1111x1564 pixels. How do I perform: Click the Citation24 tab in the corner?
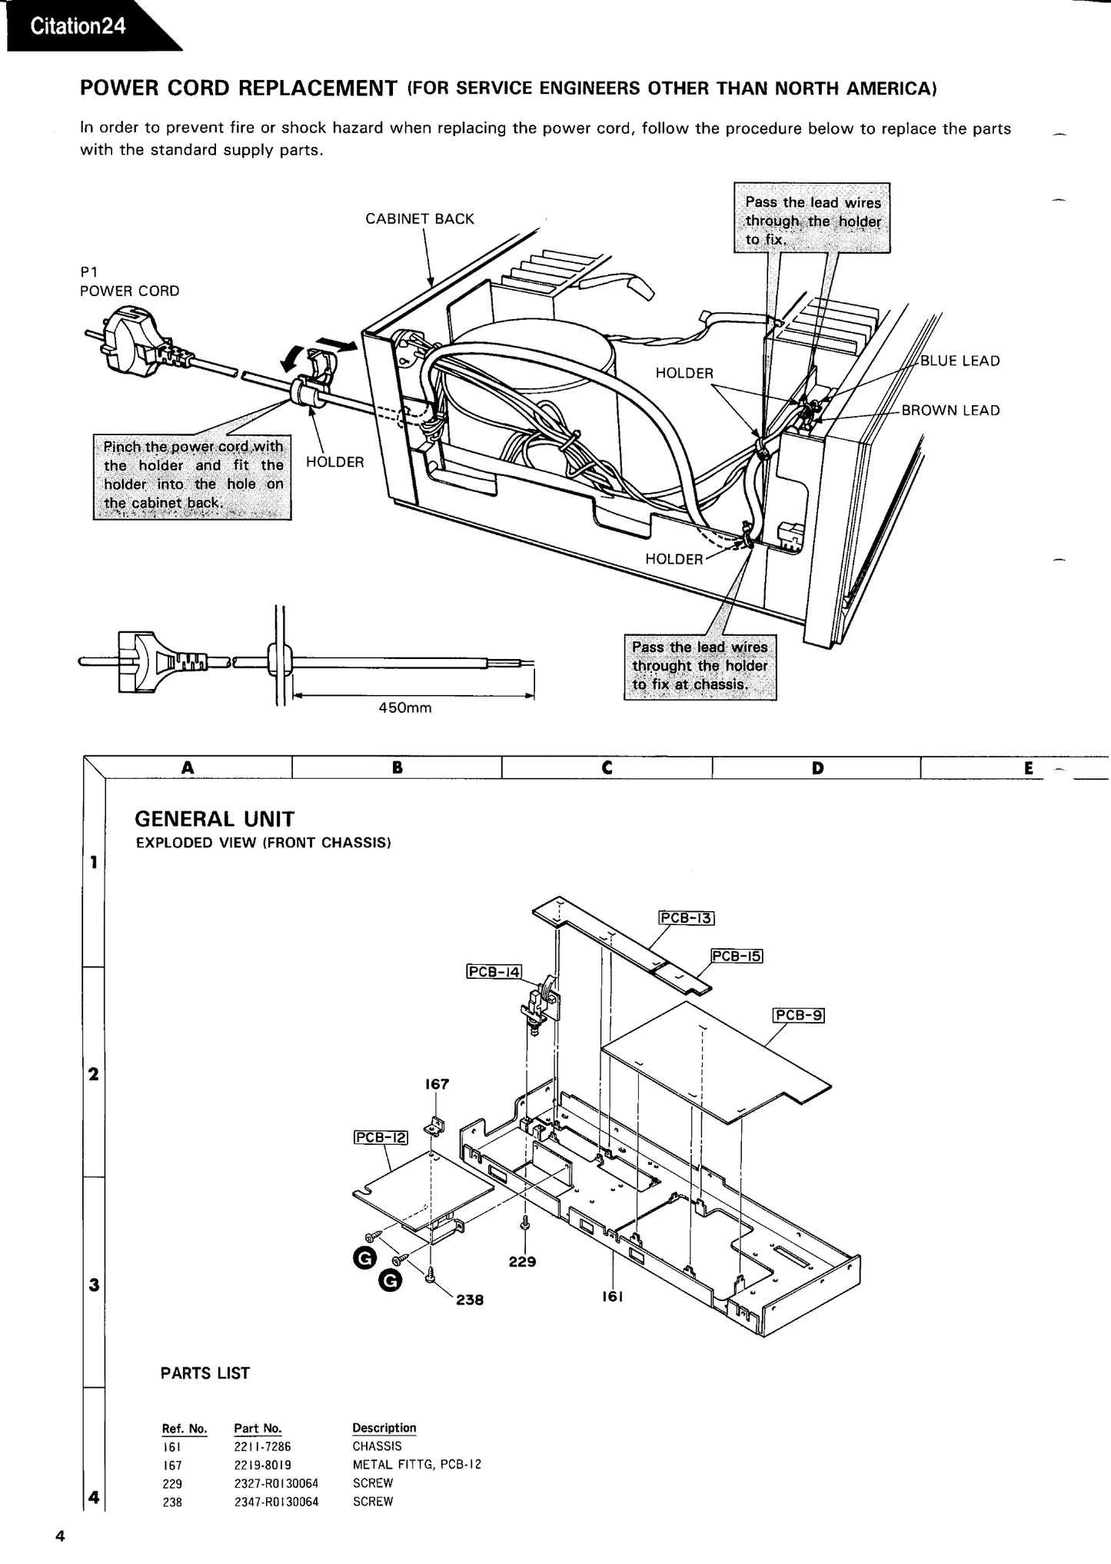tap(78, 26)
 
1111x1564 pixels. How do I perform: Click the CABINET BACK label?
tap(419, 219)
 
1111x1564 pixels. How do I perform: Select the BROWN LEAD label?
tap(950, 411)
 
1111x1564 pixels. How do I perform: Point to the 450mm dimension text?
tap(405, 708)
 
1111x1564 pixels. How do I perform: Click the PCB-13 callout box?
tap(687, 917)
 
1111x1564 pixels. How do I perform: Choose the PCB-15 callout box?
tap(737, 956)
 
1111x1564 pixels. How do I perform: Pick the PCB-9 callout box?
tap(798, 1015)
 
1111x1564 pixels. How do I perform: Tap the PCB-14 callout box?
tap(494, 971)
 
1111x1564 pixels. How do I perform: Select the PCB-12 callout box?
tap(381, 1137)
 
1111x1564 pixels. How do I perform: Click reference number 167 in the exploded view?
tap(437, 1084)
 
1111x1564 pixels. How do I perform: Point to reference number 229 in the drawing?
tap(522, 1261)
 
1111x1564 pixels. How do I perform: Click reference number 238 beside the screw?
tap(470, 1300)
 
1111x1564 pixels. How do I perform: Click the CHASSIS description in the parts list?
tap(377, 1446)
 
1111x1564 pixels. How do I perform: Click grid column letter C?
tap(607, 767)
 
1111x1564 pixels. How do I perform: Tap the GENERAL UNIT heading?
tap(215, 819)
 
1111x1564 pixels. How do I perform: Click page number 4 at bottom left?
tap(59, 1536)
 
